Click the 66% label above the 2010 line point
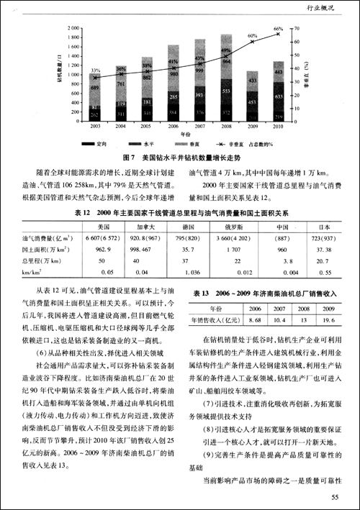point(279,29)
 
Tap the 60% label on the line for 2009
point(252,35)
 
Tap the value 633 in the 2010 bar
point(279,93)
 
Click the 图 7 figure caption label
point(130,156)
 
